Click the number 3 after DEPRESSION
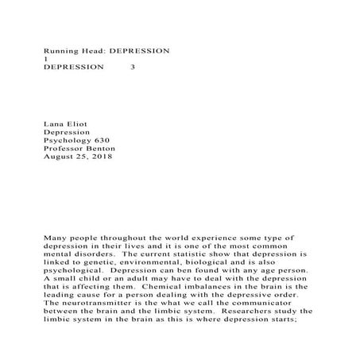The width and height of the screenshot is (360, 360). (x=132, y=68)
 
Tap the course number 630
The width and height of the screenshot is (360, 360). (x=106, y=138)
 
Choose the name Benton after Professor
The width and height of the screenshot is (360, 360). (x=100, y=148)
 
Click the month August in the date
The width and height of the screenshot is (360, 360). (x=59, y=157)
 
